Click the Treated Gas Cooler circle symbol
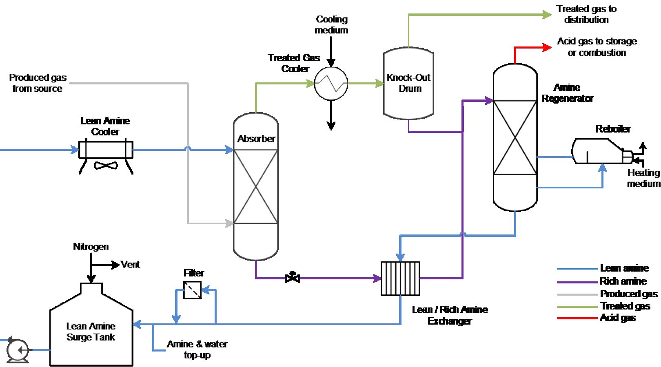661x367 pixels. click(x=331, y=84)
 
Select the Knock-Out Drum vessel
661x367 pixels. click(x=408, y=84)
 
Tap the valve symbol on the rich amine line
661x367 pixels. click(x=292, y=278)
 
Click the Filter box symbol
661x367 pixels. click(x=192, y=290)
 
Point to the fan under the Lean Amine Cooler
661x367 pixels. click(x=106, y=165)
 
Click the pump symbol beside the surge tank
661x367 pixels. click(x=18, y=350)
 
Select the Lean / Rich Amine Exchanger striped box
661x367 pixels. click(x=400, y=279)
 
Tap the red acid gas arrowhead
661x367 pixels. click(x=547, y=48)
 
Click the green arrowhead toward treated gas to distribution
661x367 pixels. click(x=547, y=15)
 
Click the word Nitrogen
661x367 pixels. click(x=91, y=247)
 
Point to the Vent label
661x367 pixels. click(x=130, y=265)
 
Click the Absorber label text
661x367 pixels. click(x=256, y=139)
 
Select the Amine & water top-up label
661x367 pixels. click(x=197, y=349)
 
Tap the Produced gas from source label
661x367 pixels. click(x=38, y=83)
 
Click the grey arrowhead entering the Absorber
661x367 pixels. click(x=230, y=223)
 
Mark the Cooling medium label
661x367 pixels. click(x=331, y=24)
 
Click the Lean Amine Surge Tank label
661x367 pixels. click(x=91, y=332)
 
